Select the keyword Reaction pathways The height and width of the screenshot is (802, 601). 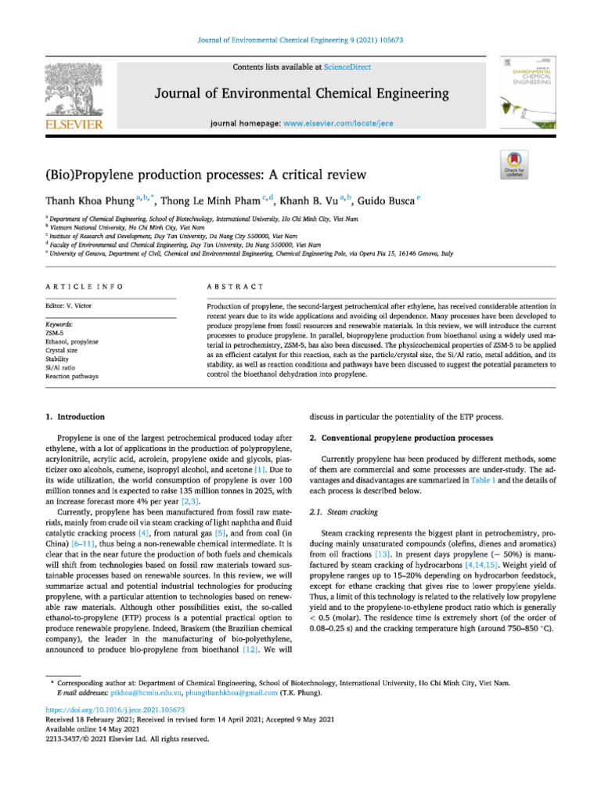coord(73,377)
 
